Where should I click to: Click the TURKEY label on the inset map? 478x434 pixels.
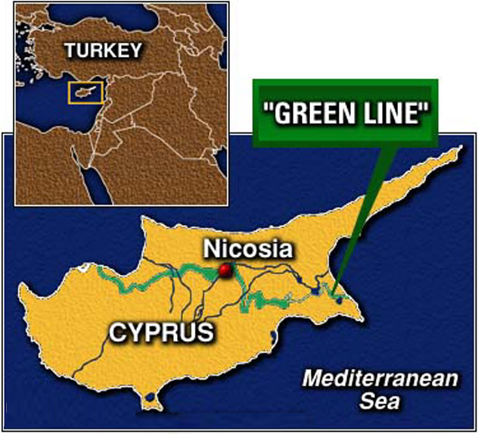103,52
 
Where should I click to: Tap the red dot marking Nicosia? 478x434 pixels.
225,270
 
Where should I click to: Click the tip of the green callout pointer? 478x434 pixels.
332,292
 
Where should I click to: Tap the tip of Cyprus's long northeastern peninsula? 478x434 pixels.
458,149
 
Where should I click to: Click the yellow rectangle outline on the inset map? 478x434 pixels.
81,83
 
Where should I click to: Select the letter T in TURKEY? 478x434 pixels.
70,52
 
